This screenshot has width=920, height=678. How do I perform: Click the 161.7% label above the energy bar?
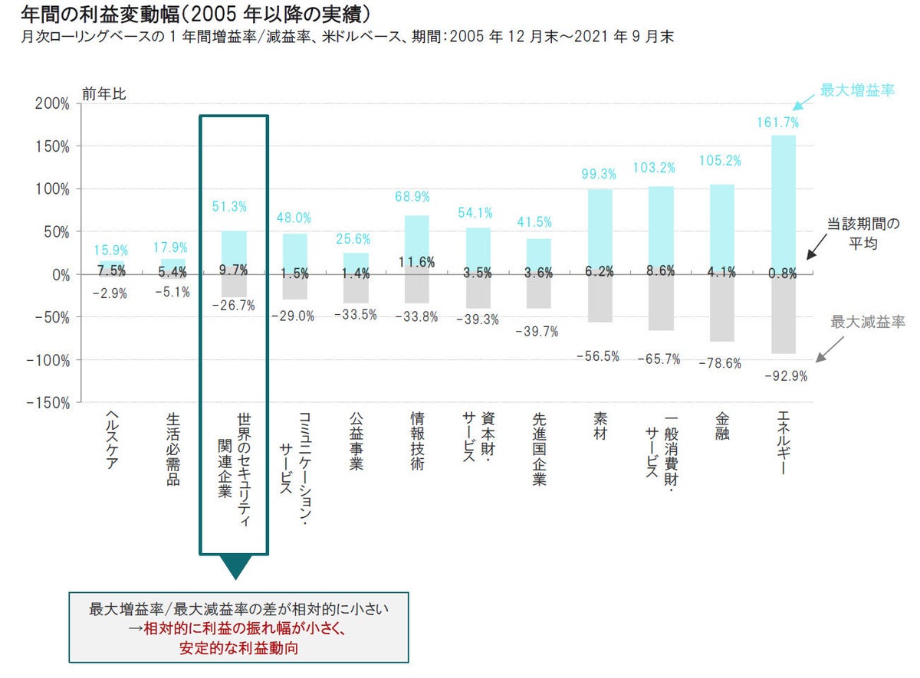point(778,123)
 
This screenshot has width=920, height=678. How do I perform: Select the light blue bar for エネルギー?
point(783,204)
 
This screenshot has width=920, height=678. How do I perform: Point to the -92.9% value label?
point(783,376)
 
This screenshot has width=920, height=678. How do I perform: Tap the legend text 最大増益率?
point(857,90)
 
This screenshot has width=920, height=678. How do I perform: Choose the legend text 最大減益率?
point(868,322)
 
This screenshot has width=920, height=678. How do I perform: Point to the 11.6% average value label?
point(416,262)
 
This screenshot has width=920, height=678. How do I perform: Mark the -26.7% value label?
point(234,306)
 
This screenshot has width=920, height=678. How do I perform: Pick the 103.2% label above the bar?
point(660,167)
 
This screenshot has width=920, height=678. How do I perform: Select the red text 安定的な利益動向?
point(238,647)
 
